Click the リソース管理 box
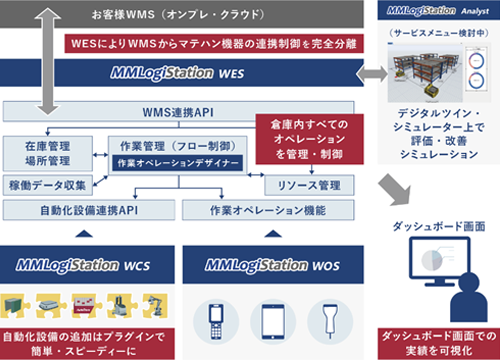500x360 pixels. coord(310,185)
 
